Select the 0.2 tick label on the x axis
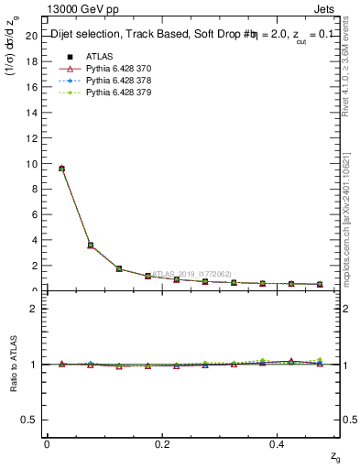pos(163,444)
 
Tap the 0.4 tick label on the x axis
pos(278,444)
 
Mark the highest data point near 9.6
pos(61,169)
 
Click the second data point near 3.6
pos(90,245)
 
